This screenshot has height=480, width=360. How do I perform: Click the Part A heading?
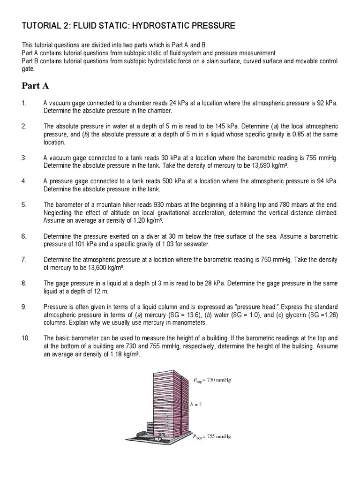[36, 86]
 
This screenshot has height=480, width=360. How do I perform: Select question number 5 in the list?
[24, 205]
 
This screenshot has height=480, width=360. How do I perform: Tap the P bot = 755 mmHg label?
[212, 436]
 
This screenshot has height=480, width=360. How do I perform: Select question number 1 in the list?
[24, 103]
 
